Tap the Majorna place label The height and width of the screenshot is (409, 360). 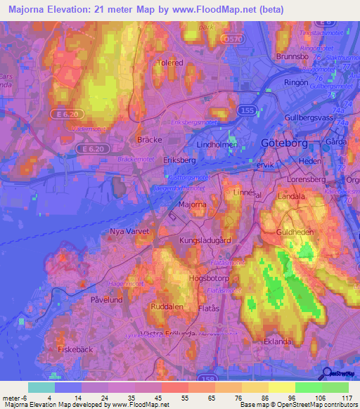tap(193, 204)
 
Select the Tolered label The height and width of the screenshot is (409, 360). tap(170, 63)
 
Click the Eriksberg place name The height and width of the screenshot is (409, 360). tap(179, 160)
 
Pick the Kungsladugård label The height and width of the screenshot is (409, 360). tap(206, 240)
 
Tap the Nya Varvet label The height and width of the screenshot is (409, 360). tap(127, 231)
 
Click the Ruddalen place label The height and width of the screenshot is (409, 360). tap(167, 306)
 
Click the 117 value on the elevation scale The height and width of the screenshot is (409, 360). tap(345, 397)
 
